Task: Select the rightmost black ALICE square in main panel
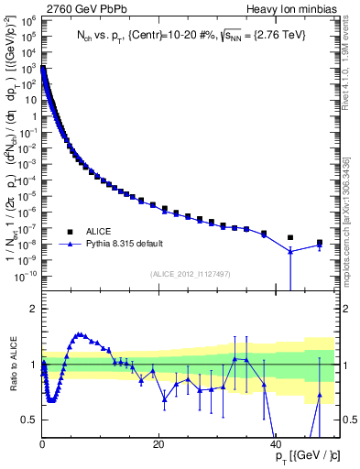(x=319, y=243)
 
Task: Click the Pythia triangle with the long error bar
(x=290, y=251)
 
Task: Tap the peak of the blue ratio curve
(x=80, y=334)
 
